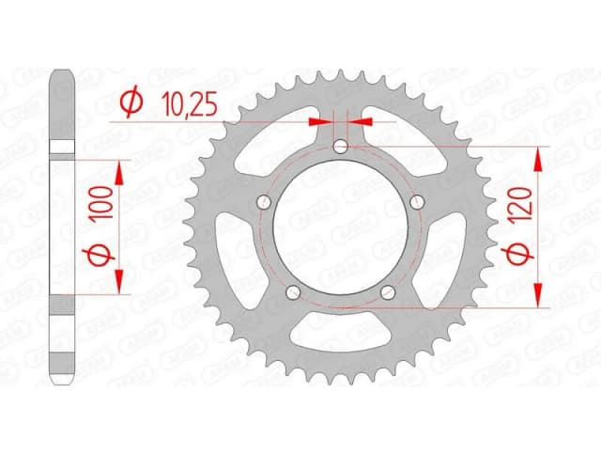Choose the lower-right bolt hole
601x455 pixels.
tap(388, 293)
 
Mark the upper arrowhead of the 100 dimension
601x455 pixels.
tap(119, 172)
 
